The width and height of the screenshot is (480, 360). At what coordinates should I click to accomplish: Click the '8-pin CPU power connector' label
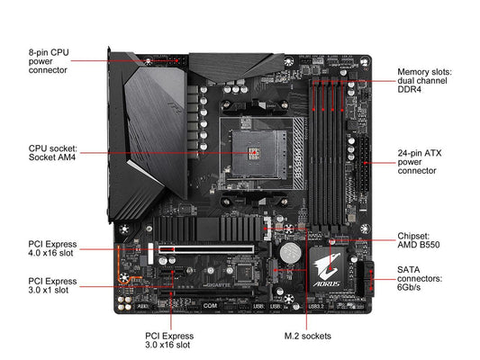click(49, 61)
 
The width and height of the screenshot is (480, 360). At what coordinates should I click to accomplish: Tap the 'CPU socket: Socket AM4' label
click(52, 153)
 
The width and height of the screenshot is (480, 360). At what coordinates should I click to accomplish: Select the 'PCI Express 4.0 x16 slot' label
click(52, 248)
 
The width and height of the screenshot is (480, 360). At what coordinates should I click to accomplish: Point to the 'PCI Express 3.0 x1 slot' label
click(52, 285)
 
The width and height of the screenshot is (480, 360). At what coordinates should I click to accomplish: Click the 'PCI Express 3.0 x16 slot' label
click(169, 340)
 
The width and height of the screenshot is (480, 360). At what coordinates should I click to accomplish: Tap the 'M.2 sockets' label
click(308, 336)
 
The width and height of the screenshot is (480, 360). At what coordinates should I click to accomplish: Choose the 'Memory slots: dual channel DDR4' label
click(424, 81)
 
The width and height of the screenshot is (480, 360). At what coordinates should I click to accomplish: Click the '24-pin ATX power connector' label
click(420, 162)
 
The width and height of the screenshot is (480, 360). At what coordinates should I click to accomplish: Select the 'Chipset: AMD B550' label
click(419, 240)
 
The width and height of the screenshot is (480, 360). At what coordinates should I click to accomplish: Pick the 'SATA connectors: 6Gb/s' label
click(420, 279)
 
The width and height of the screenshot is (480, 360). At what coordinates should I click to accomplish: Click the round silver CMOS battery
click(291, 253)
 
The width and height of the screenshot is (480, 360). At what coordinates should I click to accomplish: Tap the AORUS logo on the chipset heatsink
click(326, 270)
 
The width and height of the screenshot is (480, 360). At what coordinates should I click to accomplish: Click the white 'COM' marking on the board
click(210, 306)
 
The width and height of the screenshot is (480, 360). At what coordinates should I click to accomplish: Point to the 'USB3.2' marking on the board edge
click(316, 306)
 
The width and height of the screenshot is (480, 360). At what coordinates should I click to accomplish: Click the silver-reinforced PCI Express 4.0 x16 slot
click(205, 249)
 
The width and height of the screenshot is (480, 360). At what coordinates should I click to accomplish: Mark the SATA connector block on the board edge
click(366, 279)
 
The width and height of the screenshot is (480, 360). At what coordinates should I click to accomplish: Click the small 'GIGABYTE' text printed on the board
click(217, 285)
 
